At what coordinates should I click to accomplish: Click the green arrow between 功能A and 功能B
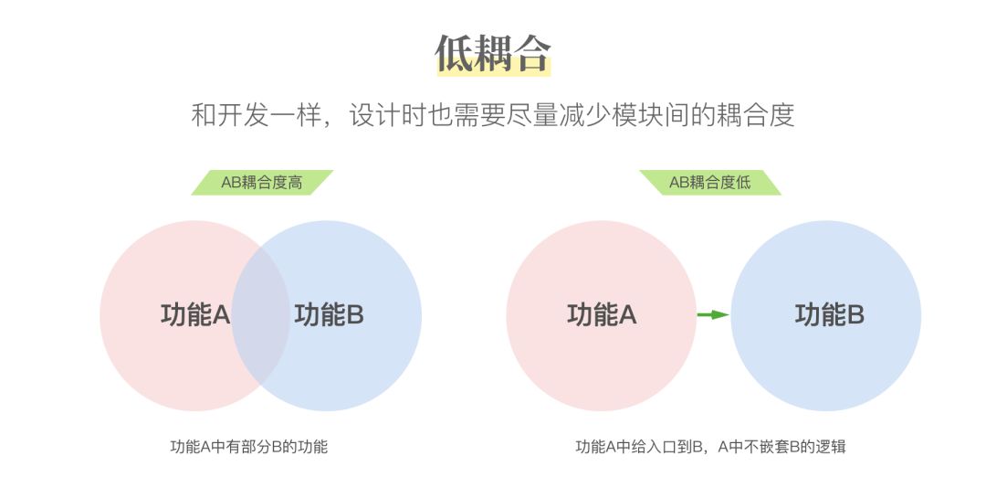(713, 315)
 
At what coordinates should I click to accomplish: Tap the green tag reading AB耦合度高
(262, 183)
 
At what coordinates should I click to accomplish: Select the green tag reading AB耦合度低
(710, 183)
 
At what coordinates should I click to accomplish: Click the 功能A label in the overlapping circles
(194, 315)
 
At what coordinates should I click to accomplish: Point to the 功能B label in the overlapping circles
(329, 315)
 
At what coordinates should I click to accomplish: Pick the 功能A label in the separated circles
(601, 315)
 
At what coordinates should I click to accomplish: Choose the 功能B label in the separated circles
(829, 315)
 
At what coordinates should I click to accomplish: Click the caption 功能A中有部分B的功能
(248, 447)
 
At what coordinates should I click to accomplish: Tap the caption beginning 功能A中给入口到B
(710, 447)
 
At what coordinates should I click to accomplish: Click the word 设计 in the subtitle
(375, 115)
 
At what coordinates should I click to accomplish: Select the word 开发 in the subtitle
(246, 115)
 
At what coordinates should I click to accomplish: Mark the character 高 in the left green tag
(295, 183)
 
